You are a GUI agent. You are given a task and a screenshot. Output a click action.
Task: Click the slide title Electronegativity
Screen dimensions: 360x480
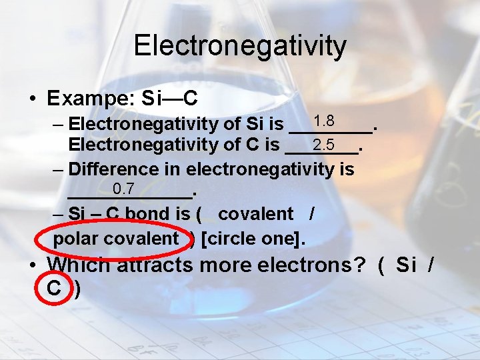click(x=240, y=45)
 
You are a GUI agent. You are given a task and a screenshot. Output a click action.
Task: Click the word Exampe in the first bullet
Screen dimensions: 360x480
click(x=85, y=99)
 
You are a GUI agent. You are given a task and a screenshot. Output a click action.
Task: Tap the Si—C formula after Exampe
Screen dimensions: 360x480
click(x=170, y=99)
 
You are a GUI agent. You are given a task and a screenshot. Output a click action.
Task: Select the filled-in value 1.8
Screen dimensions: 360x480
click(x=324, y=121)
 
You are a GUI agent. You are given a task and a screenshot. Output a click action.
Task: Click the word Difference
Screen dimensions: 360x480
click(x=110, y=169)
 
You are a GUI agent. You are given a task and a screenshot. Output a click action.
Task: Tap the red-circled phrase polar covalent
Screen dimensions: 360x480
click(x=115, y=238)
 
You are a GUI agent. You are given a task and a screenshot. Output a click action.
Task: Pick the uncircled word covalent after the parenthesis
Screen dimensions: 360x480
click(x=255, y=214)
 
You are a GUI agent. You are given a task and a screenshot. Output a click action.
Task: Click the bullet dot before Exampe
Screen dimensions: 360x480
click(x=33, y=99)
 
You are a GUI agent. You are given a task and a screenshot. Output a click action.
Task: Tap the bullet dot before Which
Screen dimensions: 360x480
click(x=33, y=265)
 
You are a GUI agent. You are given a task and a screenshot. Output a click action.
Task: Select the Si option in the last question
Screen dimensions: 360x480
click(x=406, y=265)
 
